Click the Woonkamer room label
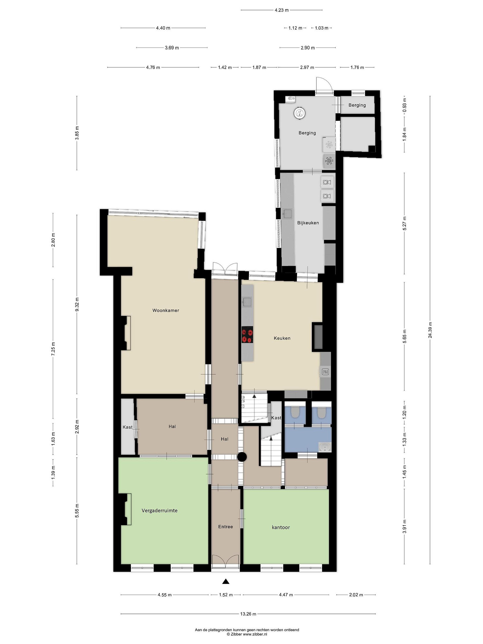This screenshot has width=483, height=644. pyautogui.click(x=166, y=310)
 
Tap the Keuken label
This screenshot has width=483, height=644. pyautogui.click(x=282, y=338)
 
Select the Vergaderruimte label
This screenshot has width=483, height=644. pyautogui.click(x=159, y=510)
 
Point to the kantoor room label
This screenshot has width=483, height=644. pyautogui.click(x=281, y=527)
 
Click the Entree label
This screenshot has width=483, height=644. pyautogui.click(x=226, y=526)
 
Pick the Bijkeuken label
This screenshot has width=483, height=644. pyautogui.click(x=308, y=223)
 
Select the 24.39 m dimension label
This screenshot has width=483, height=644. pyautogui.click(x=430, y=330)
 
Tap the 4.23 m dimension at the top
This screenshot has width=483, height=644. pyautogui.click(x=282, y=10)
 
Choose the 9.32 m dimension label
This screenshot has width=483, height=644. pyautogui.click(x=77, y=305)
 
